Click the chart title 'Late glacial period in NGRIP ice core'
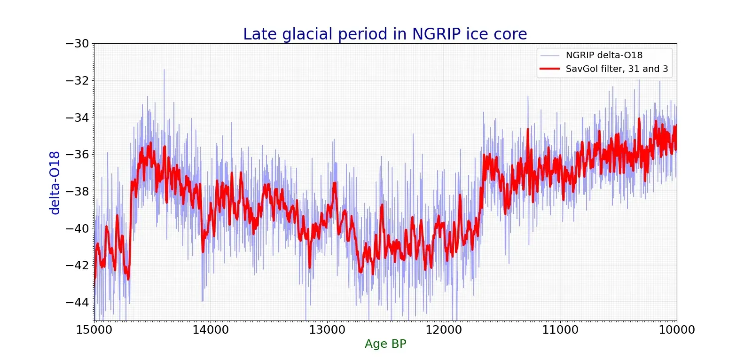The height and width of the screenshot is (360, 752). click(385, 34)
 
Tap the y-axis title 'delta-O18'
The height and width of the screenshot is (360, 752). click(55, 183)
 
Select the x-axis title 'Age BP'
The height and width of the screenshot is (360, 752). click(385, 344)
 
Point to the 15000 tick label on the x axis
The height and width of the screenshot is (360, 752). click(94, 330)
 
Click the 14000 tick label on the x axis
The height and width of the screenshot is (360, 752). click(211, 330)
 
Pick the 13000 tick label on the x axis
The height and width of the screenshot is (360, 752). click(327, 330)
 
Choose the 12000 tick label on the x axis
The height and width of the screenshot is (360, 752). click(444, 330)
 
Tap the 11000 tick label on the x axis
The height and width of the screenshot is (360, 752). click(560, 330)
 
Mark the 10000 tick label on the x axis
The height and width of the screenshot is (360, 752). click(676, 330)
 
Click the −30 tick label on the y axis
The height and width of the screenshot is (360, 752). click(77, 44)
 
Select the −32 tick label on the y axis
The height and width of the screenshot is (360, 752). click(77, 80)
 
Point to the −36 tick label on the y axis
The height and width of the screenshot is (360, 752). click(77, 154)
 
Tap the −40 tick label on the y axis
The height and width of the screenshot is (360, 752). click(77, 228)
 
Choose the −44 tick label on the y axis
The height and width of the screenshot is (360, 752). click(77, 302)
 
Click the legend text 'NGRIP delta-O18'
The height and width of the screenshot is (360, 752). click(604, 55)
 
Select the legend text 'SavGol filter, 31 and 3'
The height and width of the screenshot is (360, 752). click(617, 69)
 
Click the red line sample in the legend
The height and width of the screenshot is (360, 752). click(549, 69)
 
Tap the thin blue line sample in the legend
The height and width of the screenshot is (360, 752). click(549, 55)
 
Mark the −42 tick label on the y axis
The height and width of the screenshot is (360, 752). click(77, 265)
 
